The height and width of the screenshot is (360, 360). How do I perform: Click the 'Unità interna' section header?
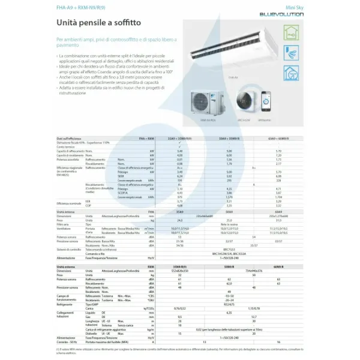point(67,212)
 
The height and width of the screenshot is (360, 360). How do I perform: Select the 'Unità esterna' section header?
point(68,266)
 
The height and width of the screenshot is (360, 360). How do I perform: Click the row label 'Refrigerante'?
point(66,304)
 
